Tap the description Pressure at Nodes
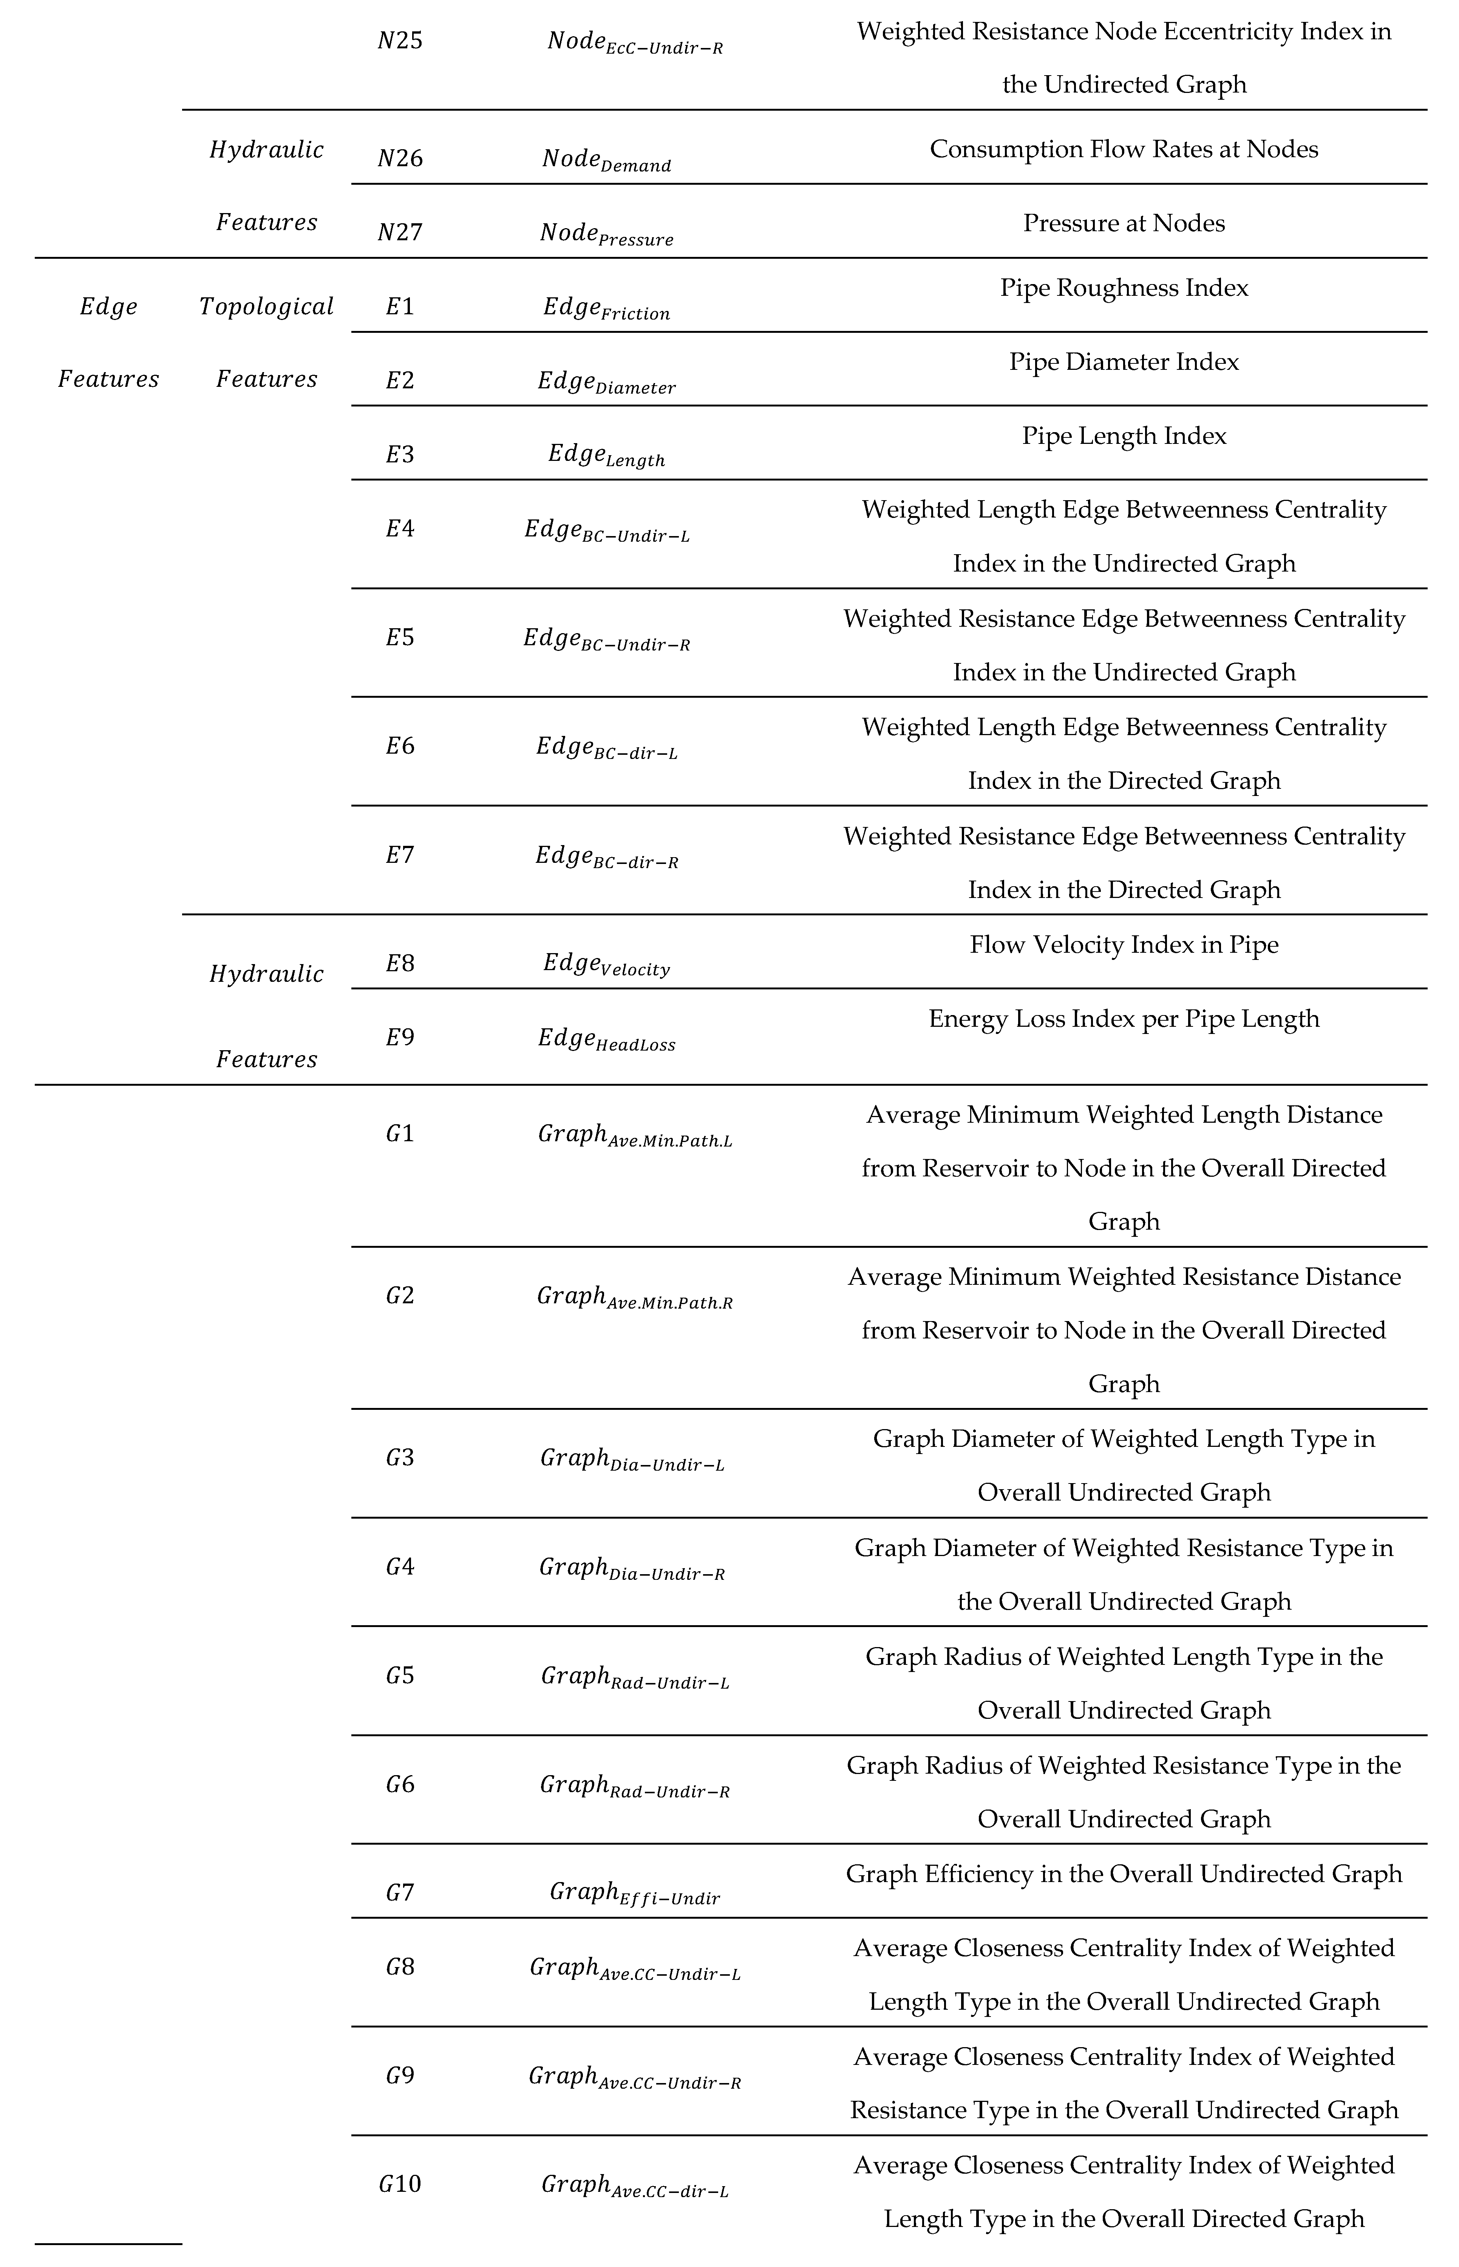[x=1124, y=224]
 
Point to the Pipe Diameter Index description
[x=1124, y=362]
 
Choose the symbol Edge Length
[x=606, y=456]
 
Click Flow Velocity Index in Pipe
[x=1124, y=946]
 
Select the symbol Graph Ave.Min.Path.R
[x=635, y=1297]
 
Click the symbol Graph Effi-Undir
[x=635, y=1894]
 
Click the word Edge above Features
[x=108, y=307]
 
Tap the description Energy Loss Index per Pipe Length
[x=1124, y=1019]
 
